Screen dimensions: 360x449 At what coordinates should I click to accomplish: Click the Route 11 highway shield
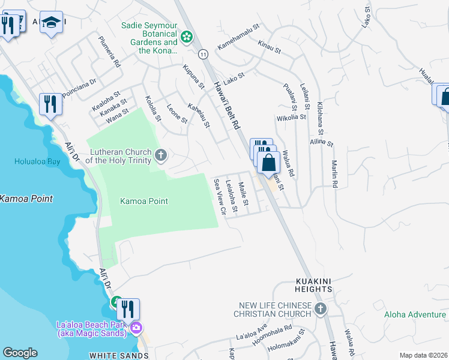[x=204, y=54]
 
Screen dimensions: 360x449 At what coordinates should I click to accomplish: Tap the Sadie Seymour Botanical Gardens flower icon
[x=187, y=38]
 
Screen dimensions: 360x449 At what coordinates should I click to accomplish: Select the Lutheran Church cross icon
[x=160, y=156]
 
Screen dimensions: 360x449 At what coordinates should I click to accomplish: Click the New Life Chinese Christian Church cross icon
[x=321, y=310]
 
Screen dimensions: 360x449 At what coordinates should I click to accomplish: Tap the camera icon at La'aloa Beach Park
[x=136, y=328]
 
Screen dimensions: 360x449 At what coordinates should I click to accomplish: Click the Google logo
[x=20, y=352]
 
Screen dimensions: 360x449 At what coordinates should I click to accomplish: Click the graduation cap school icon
[x=52, y=23]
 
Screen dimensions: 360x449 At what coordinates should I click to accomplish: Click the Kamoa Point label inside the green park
[x=144, y=202]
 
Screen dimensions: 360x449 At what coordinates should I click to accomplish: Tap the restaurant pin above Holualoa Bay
[x=50, y=106]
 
